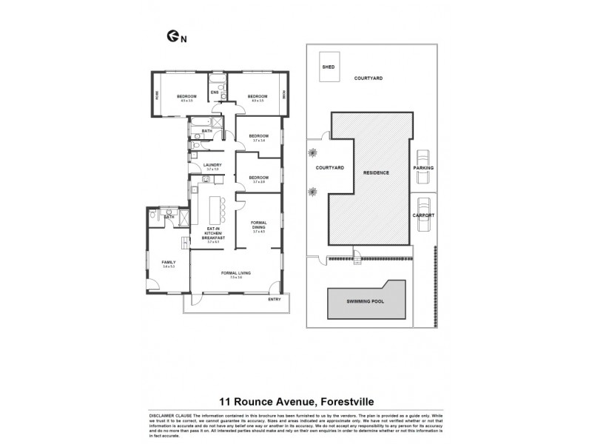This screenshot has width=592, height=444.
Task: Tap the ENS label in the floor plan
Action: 214,92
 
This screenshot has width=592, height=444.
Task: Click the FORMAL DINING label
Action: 258,225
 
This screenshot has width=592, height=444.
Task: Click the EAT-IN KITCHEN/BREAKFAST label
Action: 214,233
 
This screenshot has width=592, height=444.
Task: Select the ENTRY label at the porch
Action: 275,300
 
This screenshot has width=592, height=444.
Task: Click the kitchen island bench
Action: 218,207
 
